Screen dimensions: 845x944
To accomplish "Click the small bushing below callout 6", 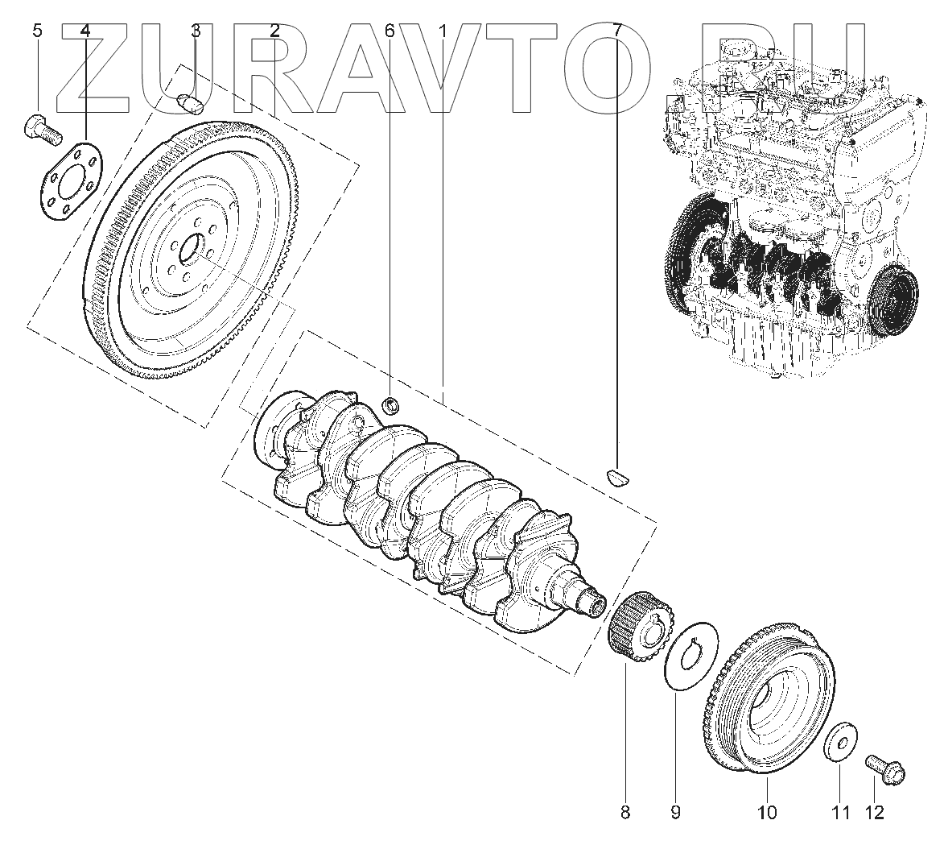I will [392, 404].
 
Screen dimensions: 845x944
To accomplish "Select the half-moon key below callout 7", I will [618, 475].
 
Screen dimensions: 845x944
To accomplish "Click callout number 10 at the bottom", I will [767, 812].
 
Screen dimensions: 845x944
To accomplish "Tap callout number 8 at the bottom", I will [625, 812].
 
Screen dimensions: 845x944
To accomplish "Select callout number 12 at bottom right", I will [873, 812].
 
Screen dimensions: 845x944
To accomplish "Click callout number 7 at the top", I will [616, 31].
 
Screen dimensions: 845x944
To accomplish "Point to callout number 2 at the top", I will [274, 31].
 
